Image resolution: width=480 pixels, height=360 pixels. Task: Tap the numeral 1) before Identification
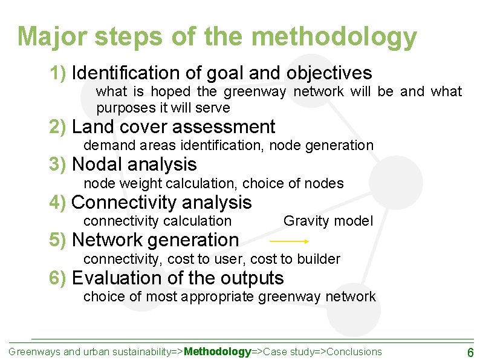click(x=58, y=73)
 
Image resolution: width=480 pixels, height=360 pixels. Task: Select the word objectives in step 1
click(x=329, y=73)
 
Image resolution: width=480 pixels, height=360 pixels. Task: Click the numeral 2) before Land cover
click(x=58, y=127)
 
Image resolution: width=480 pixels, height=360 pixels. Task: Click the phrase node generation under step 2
click(x=321, y=145)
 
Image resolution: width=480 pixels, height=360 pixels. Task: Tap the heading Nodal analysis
click(x=134, y=164)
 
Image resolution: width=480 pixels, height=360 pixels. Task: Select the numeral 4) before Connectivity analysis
click(x=58, y=202)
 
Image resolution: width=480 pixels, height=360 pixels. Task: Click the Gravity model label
click(x=328, y=221)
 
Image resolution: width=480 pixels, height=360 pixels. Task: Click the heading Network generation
click(x=155, y=240)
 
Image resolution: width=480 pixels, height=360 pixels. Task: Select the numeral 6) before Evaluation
click(x=58, y=278)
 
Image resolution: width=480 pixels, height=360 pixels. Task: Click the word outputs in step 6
click(x=254, y=278)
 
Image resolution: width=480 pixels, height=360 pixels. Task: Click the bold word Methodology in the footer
click(x=218, y=352)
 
